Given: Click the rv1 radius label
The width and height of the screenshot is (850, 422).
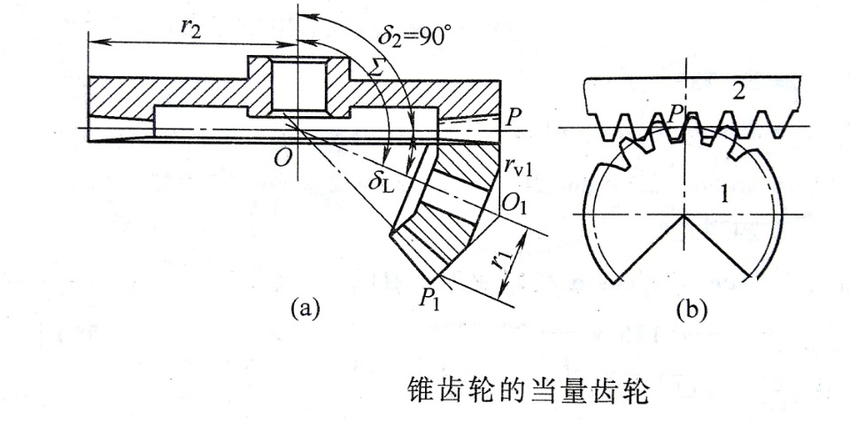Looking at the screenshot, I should [520, 166].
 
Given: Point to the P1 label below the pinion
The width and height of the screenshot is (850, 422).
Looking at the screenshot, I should [435, 294].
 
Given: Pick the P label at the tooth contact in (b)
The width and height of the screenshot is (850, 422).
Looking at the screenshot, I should [674, 113].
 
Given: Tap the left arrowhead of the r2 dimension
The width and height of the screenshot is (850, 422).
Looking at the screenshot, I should [94, 43].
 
